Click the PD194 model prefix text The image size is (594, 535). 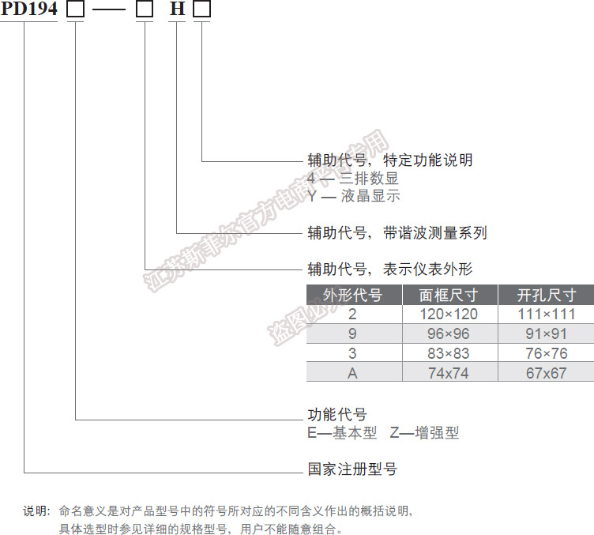click(x=29, y=11)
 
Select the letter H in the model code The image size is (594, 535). click(x=178, y=11)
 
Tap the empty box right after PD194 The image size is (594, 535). click(x=76, y=11)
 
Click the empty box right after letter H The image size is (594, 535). click(x=202, y=11)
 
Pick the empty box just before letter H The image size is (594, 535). click(x=145, y=11)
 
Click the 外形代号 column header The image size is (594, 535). click(x=353, y=296)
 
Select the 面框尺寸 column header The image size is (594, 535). click(x=449, y=296)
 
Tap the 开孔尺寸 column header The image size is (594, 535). click(x=546, y=296)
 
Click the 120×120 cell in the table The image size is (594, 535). click(x=449, y=315)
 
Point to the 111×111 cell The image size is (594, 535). click(x=546, y=315)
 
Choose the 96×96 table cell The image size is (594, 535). click(x=449, y=333)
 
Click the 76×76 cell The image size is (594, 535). click(x=546, y=353)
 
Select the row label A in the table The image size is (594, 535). click(x=353, y=373)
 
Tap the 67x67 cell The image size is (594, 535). click(x=546, y=373)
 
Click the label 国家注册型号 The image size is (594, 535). click(x=352, y=469)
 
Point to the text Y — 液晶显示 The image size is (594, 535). click(x=354, y=196)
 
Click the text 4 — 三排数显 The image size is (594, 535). click(x=353, y=179)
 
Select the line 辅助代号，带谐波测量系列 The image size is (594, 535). click(x=397, y=233)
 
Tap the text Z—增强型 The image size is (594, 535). click(x=424, y=433)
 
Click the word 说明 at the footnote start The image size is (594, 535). click(x=36, y=511)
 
